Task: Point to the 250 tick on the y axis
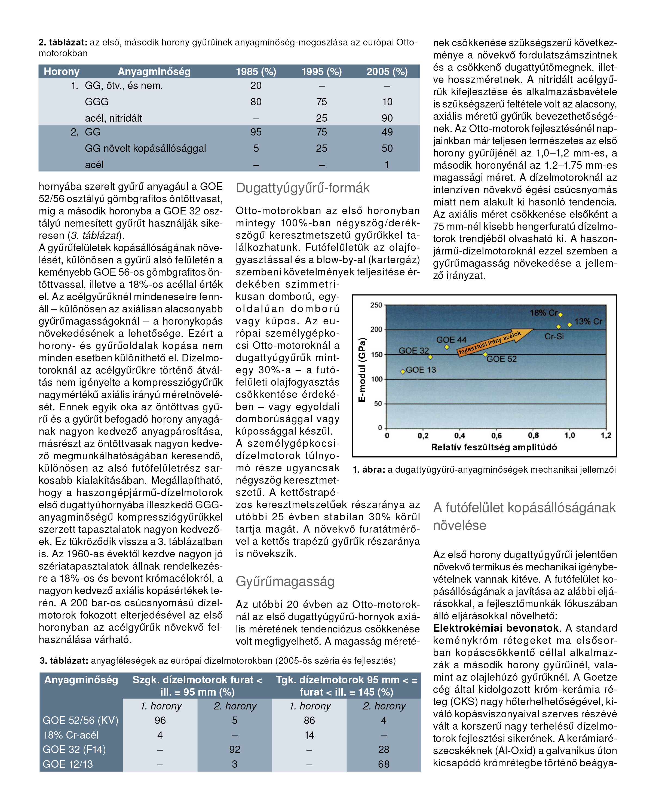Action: click(x=376, y=305)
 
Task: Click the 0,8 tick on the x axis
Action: click(x=533, y=435)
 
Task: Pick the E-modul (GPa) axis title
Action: click(x=363, y=370)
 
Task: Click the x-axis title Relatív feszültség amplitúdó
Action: click(x=494, y=447)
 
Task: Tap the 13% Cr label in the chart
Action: click(x=588, y=321)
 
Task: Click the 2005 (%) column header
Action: click(x=387, y=72)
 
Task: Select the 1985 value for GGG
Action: click(x=256, y=102)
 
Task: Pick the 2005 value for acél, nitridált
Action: click(x=387, y=118)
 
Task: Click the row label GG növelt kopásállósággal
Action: click(x=145, y=148)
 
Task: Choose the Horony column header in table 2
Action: click(x=62, y=72)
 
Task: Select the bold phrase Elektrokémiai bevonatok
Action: click(x=496, y=628)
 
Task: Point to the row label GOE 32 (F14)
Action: click(x=74, y=749)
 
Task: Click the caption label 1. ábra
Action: click(x=369, y=470)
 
